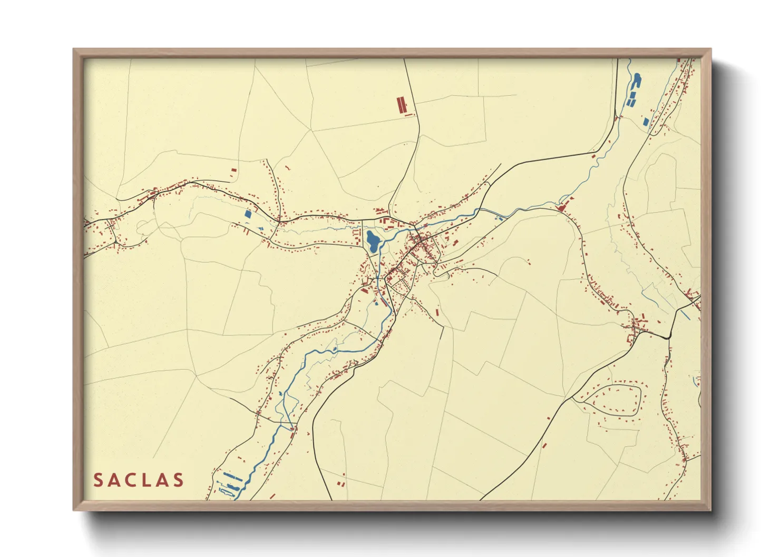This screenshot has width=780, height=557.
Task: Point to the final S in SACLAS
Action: point(179,480)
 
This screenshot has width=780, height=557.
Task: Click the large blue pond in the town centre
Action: point(373,241)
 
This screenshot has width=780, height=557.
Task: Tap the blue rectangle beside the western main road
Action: point(248,214)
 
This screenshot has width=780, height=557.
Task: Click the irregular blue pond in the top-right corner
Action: point(637,81)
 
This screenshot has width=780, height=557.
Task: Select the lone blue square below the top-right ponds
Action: point(646,122)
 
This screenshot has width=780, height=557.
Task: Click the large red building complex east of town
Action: point(563,205)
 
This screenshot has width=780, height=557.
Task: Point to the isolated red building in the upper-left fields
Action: point(234,170)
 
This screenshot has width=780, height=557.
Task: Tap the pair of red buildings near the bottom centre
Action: point(341,483)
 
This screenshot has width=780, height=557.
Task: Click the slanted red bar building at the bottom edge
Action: point(272,495)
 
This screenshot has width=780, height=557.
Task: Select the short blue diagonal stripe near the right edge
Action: point(685,315)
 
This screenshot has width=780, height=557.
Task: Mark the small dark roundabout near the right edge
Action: point(667,335)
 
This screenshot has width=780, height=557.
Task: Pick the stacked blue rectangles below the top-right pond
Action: point(631,98)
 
